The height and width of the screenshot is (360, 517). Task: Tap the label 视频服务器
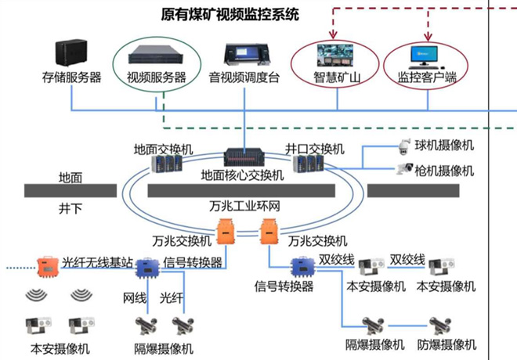(157, 77)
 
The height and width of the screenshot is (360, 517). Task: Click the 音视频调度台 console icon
(245, 53)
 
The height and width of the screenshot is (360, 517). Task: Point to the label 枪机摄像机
(444, 170)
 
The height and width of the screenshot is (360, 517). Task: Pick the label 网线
(135, 298)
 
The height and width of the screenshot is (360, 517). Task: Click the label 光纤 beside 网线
(172, 298)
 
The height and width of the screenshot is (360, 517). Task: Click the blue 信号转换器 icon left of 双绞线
(302, 267)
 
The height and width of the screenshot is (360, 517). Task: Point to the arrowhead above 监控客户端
(428, 37)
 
